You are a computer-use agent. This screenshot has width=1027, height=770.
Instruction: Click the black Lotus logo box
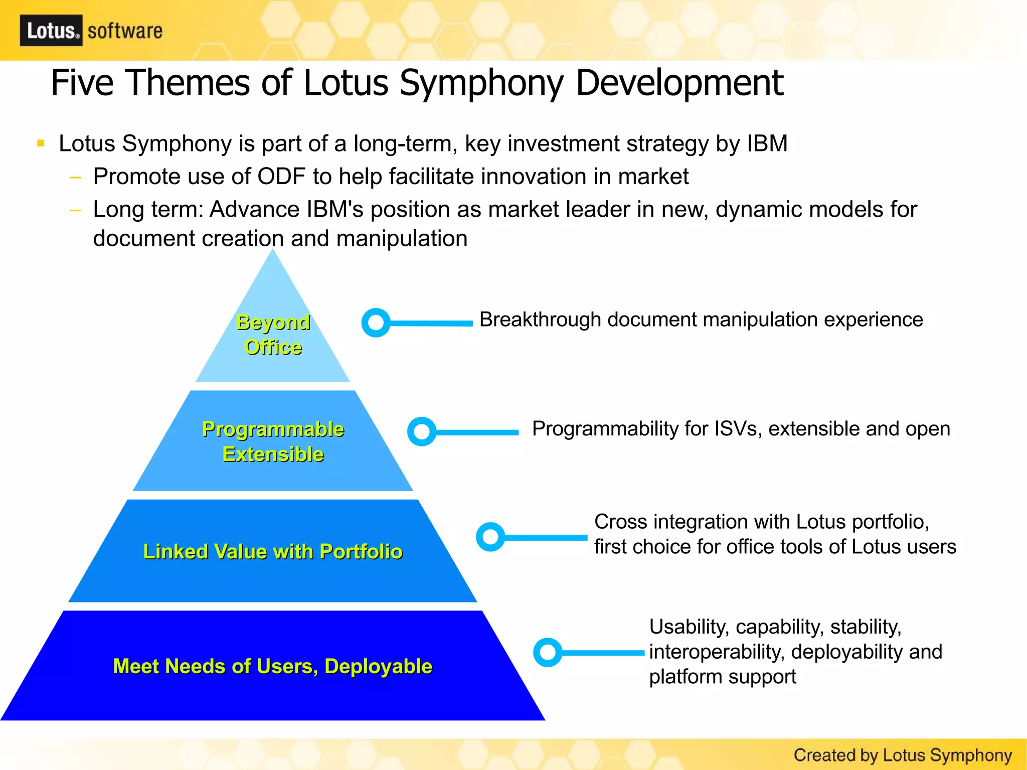[x=51, y=31]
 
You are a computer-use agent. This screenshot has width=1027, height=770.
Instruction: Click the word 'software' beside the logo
[x=125, y=31]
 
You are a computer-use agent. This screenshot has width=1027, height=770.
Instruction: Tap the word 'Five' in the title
[x=82, y=83]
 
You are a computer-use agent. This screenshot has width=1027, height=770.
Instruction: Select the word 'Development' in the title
[x=679, y=83]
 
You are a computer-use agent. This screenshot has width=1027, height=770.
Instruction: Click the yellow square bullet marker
[x=41, y=144]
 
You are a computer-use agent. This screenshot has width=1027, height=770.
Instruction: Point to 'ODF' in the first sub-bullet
[x=281, y=177]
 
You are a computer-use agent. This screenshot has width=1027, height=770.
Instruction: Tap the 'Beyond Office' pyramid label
[x=273, y=335]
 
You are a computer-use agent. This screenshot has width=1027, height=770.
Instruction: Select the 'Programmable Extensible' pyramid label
[x=273, y=441]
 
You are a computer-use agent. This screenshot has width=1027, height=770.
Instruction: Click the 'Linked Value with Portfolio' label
[x=273, y=551]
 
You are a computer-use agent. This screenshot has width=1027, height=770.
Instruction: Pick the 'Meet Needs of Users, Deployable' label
[x=273, y=666]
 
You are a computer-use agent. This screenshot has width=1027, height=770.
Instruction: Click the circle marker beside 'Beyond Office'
[x=376, y=323]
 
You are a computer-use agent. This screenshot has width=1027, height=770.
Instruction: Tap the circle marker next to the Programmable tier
[x=422, y=431]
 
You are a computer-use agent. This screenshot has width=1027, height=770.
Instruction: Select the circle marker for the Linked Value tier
[x=490, y=537]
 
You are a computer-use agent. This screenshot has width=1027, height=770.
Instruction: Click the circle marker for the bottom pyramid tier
[x=548, y=652]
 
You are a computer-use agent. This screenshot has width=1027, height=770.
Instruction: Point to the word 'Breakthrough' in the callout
[x=540, y=320]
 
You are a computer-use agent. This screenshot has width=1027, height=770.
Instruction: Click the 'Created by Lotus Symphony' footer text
[x=903, y=755]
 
